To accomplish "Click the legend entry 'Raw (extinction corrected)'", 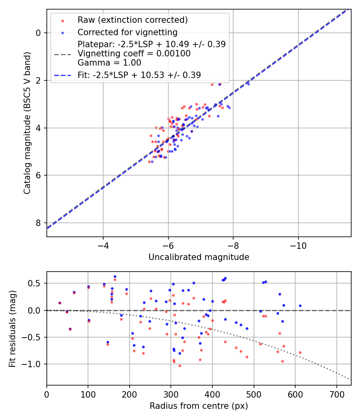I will [132, 20].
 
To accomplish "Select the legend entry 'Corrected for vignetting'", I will [127, 32].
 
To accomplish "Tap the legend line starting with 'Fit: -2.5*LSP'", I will [139, 75].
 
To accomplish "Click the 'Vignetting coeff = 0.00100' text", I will [134, 54].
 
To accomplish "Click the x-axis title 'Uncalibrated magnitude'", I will [199, 257].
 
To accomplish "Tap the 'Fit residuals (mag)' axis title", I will [12, 328].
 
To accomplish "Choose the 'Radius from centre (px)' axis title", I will [199, 406].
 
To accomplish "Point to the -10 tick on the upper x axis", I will [298, 244].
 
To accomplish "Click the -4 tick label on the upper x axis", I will [103, 244].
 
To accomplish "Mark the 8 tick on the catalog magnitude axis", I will [38, 223].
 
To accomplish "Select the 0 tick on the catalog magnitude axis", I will [38, 33].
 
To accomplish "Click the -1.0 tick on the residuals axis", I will [34, 364].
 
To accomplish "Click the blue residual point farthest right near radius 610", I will [300, 306].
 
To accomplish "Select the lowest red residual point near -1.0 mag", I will [180, 366].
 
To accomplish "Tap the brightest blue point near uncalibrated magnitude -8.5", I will [248, 84].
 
